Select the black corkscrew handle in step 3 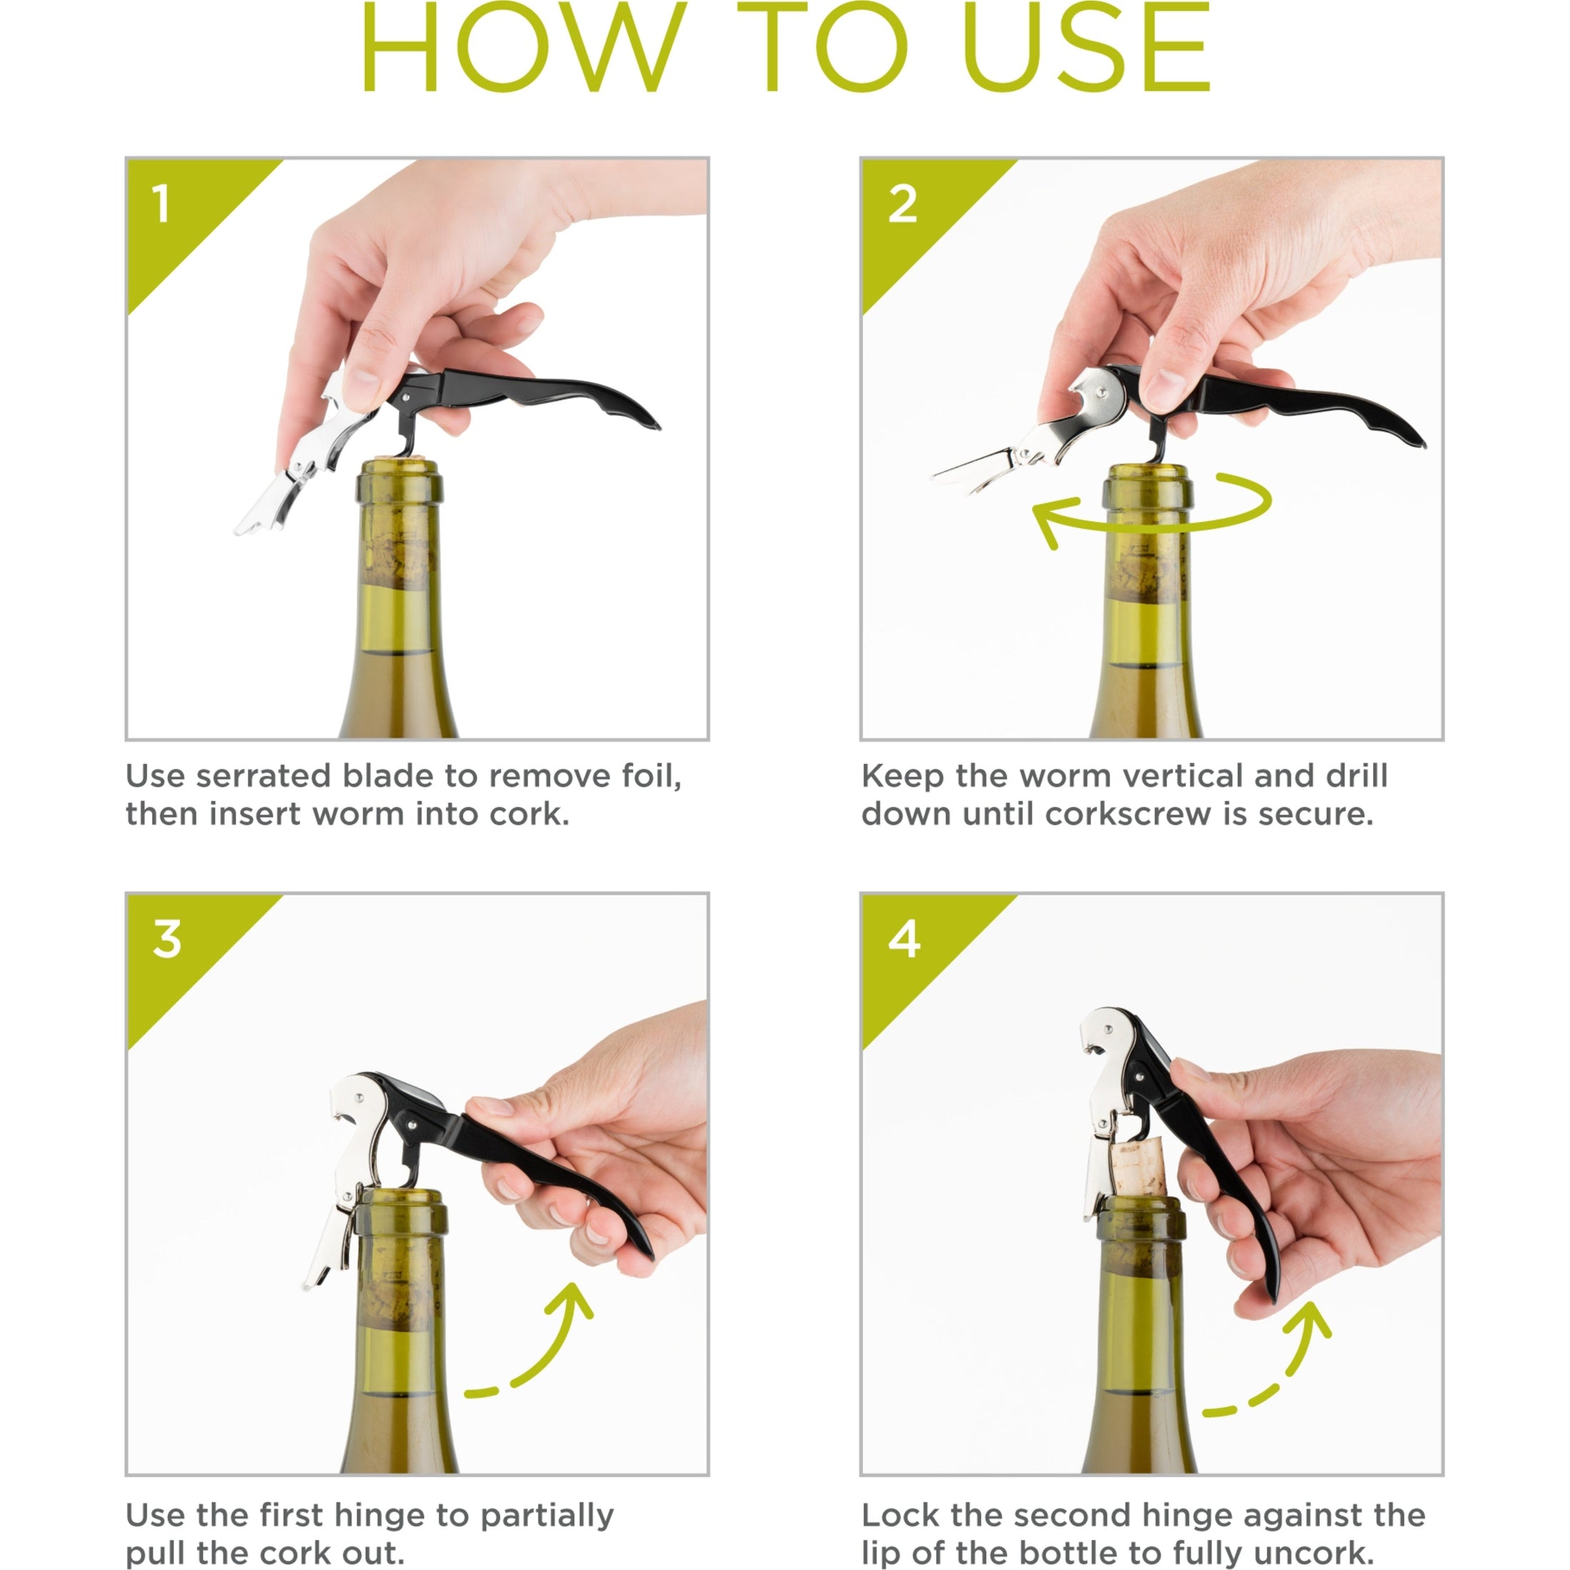coord(520,1154)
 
